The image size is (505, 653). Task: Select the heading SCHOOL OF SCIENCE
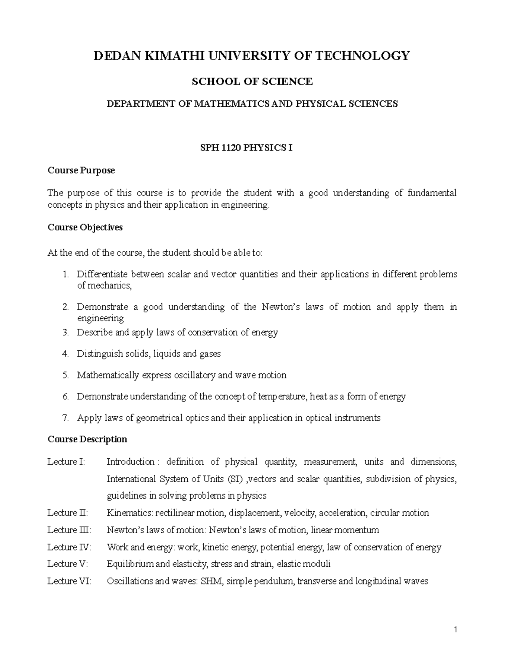(x=252, y=82)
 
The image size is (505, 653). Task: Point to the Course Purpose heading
(x=81, y=170)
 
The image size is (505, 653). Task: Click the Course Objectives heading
(x=85, y=227)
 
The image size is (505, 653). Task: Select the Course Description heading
(x=87, y=439)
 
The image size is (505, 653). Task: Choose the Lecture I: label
(x=66, y=462)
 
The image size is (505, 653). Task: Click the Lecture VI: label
(x=69, y=581)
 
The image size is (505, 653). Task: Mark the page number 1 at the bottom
(x=455, y=630)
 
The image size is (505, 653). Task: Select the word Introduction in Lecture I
(x=130, y=462)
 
